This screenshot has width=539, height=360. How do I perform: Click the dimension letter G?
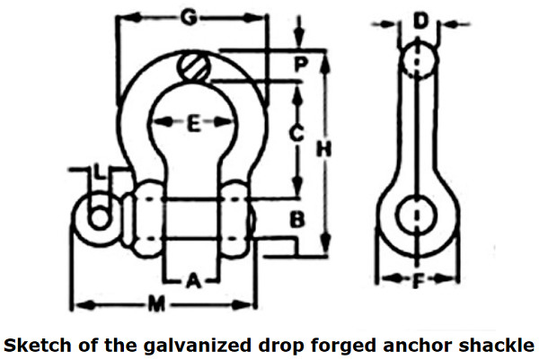[189, 17]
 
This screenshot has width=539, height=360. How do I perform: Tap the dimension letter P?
[301, 64]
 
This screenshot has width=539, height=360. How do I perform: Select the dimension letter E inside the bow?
[194, 124]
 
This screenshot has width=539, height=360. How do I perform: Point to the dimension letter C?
[296, 133]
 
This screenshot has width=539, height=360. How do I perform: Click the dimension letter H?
[323, 148]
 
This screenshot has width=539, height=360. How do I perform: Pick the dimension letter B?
[297, 219]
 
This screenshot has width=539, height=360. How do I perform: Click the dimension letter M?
[156, 303]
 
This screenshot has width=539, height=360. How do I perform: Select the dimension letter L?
[100, 171]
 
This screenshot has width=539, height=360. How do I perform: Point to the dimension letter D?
[420, 21]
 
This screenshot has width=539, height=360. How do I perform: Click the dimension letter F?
[418, 280]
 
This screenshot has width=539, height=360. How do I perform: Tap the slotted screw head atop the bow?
[193, 66]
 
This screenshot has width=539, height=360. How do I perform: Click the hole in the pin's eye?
[100, 218]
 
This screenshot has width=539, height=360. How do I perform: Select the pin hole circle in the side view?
[417, 215]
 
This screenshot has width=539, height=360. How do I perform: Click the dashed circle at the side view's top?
[418, 60]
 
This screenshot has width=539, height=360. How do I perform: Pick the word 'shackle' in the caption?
[497, 345]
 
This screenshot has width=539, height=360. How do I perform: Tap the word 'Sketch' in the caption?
[39, 345]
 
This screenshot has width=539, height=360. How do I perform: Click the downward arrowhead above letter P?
[299, 38]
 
